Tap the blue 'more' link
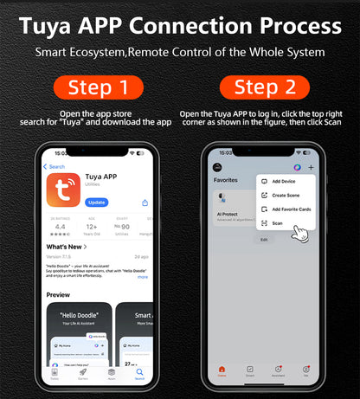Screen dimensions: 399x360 point(143,277)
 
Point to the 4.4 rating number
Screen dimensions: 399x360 point(60,227)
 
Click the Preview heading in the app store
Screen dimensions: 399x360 point(59,294)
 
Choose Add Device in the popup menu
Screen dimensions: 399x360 point(283,181)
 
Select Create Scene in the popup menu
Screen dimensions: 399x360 point(285,195)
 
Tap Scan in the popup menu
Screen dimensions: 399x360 point(277,223)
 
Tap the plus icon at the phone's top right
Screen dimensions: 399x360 point(312,167)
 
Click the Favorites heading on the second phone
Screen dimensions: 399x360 point(225,180)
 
